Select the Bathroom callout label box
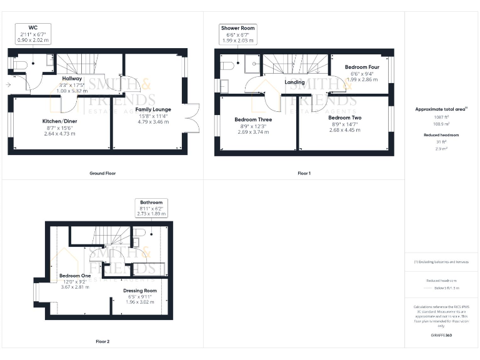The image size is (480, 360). pyautogui.click(x=151, y=208)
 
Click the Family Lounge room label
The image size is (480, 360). pyautogui.click(x=152, y=109)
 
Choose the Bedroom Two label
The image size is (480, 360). pyautogui.click(x=344, y=117)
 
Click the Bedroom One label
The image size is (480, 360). pyautogui.click(x=75, y=276)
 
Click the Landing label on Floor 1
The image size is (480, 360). pyautogui.click(x=294, y=82)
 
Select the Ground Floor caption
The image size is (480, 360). pyautogui.click(x=102, y=173)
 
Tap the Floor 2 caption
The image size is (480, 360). pyautogui.click(x=102, y=342)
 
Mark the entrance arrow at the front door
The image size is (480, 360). pyautogui.click(x=8, y=84)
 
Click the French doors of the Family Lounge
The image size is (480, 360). pyautogui.click(x=192, y=117)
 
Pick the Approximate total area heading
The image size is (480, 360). pyautogui.click(x=441, y=109)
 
